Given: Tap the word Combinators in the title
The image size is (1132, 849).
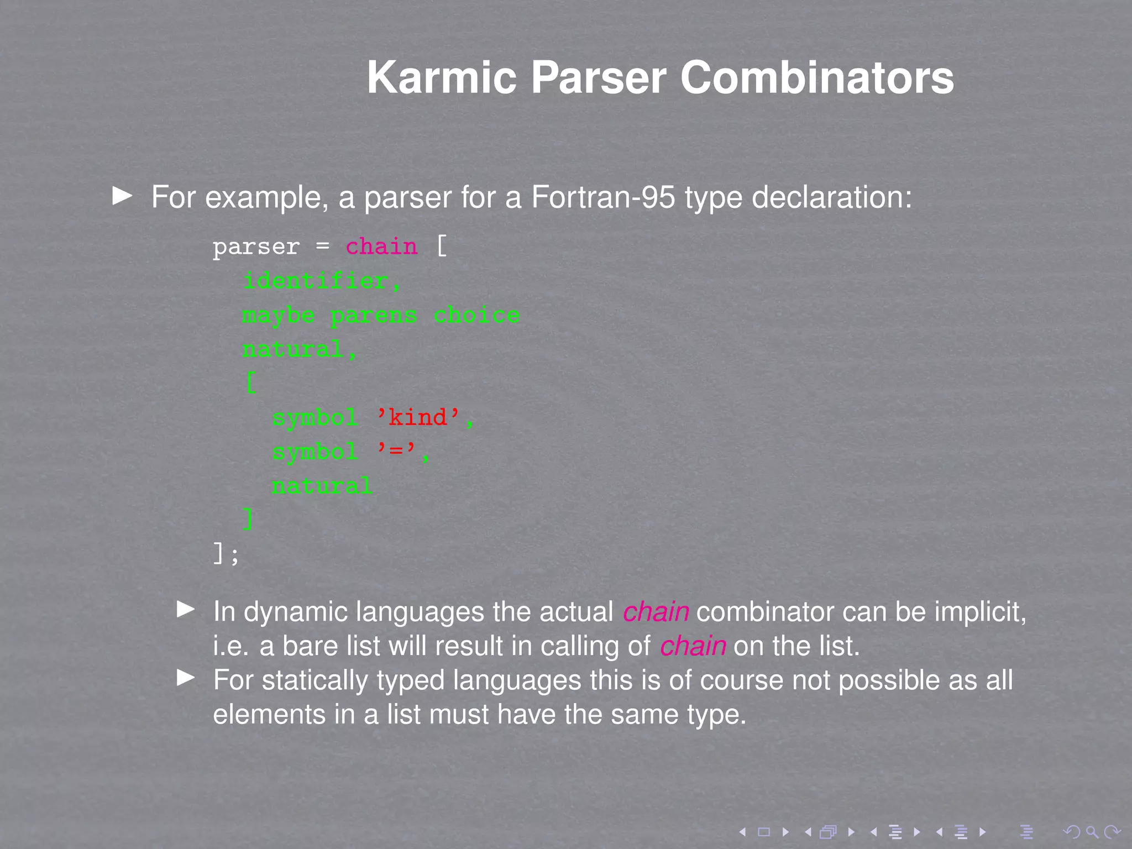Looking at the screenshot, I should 816,78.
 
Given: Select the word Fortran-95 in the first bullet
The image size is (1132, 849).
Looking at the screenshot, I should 603,197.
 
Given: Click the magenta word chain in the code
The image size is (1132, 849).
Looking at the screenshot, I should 381,247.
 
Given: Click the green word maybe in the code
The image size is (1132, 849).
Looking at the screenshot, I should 279,316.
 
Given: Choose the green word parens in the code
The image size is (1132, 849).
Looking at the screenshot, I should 374,316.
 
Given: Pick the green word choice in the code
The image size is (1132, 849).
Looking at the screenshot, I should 476,316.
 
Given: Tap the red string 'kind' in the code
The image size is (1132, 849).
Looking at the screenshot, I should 418,417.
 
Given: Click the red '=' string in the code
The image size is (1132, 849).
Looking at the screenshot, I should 396,452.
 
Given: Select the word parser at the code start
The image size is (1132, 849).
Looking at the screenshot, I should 256,247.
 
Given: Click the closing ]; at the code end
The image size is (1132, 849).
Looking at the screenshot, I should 226,553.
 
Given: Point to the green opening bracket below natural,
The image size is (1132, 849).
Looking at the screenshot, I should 250,382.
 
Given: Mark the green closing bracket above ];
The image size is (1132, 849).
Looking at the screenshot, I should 249,519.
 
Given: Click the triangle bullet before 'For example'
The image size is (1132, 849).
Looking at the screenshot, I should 122,195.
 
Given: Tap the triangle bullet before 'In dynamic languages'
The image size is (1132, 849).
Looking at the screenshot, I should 186,609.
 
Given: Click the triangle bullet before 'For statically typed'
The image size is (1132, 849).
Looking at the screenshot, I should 186,678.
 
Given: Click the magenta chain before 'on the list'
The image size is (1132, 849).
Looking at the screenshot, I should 693,646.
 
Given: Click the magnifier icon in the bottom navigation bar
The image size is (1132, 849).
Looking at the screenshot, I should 1092,832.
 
